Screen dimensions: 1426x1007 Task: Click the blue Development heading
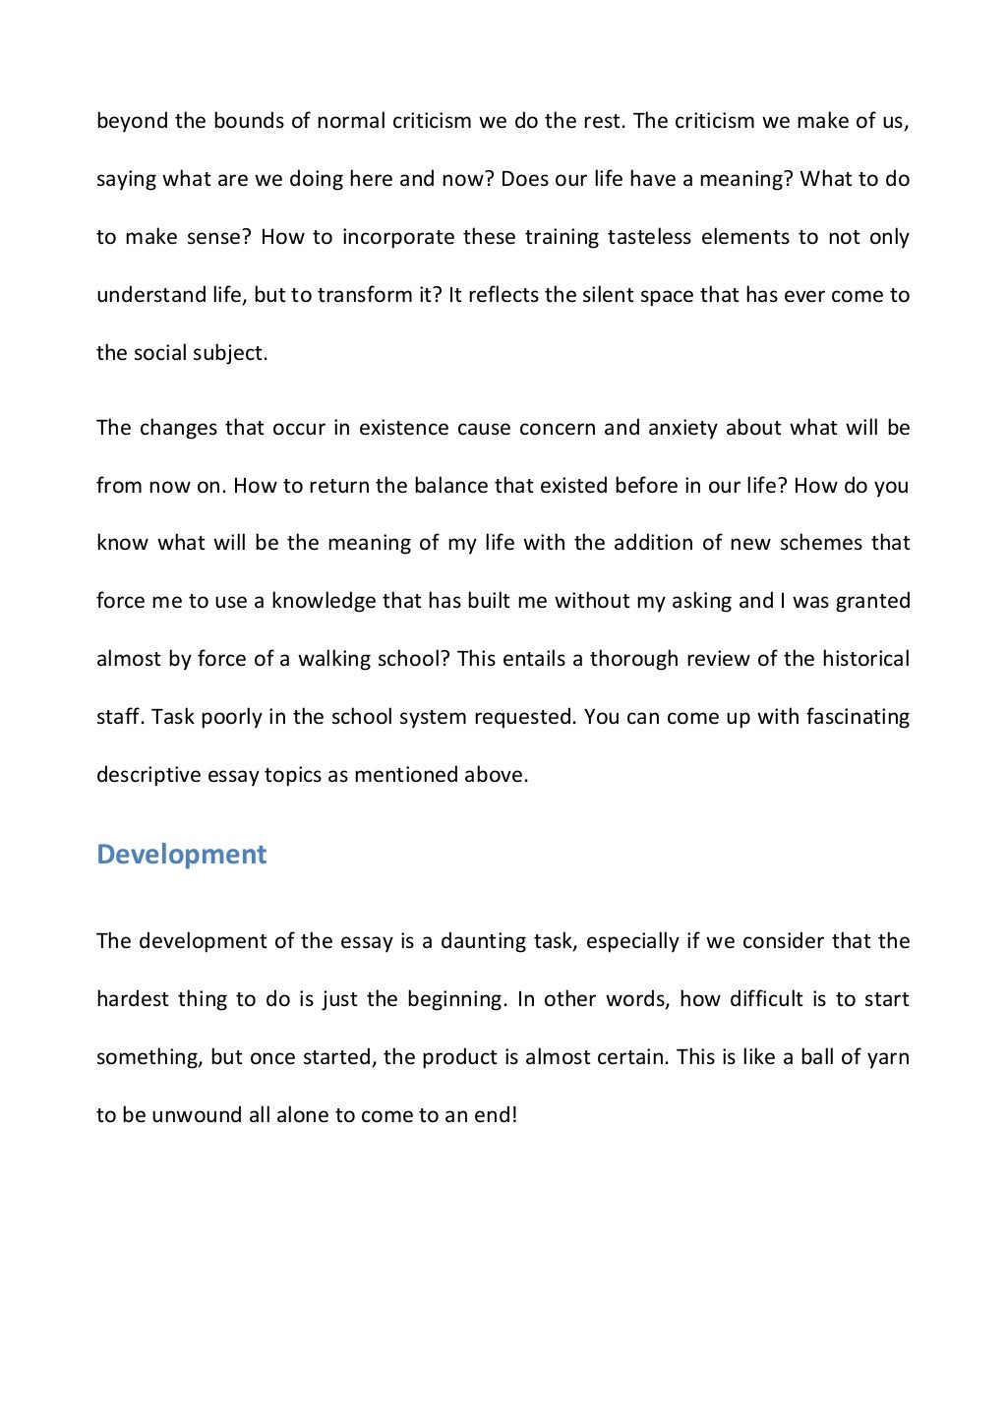181,854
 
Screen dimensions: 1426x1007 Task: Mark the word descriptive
148,775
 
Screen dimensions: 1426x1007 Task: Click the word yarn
888,1057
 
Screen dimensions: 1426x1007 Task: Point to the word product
457,1057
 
